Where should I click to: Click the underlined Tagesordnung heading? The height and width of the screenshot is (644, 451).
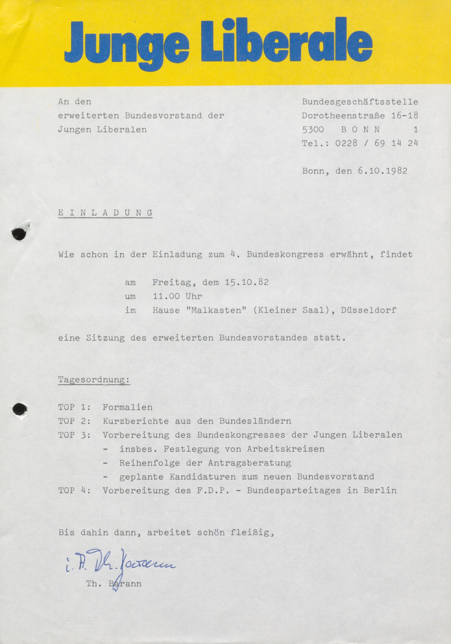click(94, 380)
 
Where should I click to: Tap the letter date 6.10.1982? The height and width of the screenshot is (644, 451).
click(382, 171)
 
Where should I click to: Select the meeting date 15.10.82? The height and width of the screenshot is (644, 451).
click(247, 282)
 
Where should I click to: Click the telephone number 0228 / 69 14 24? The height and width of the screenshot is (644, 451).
click(376, 143)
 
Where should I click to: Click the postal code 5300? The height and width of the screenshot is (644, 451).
click(313, 129)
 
